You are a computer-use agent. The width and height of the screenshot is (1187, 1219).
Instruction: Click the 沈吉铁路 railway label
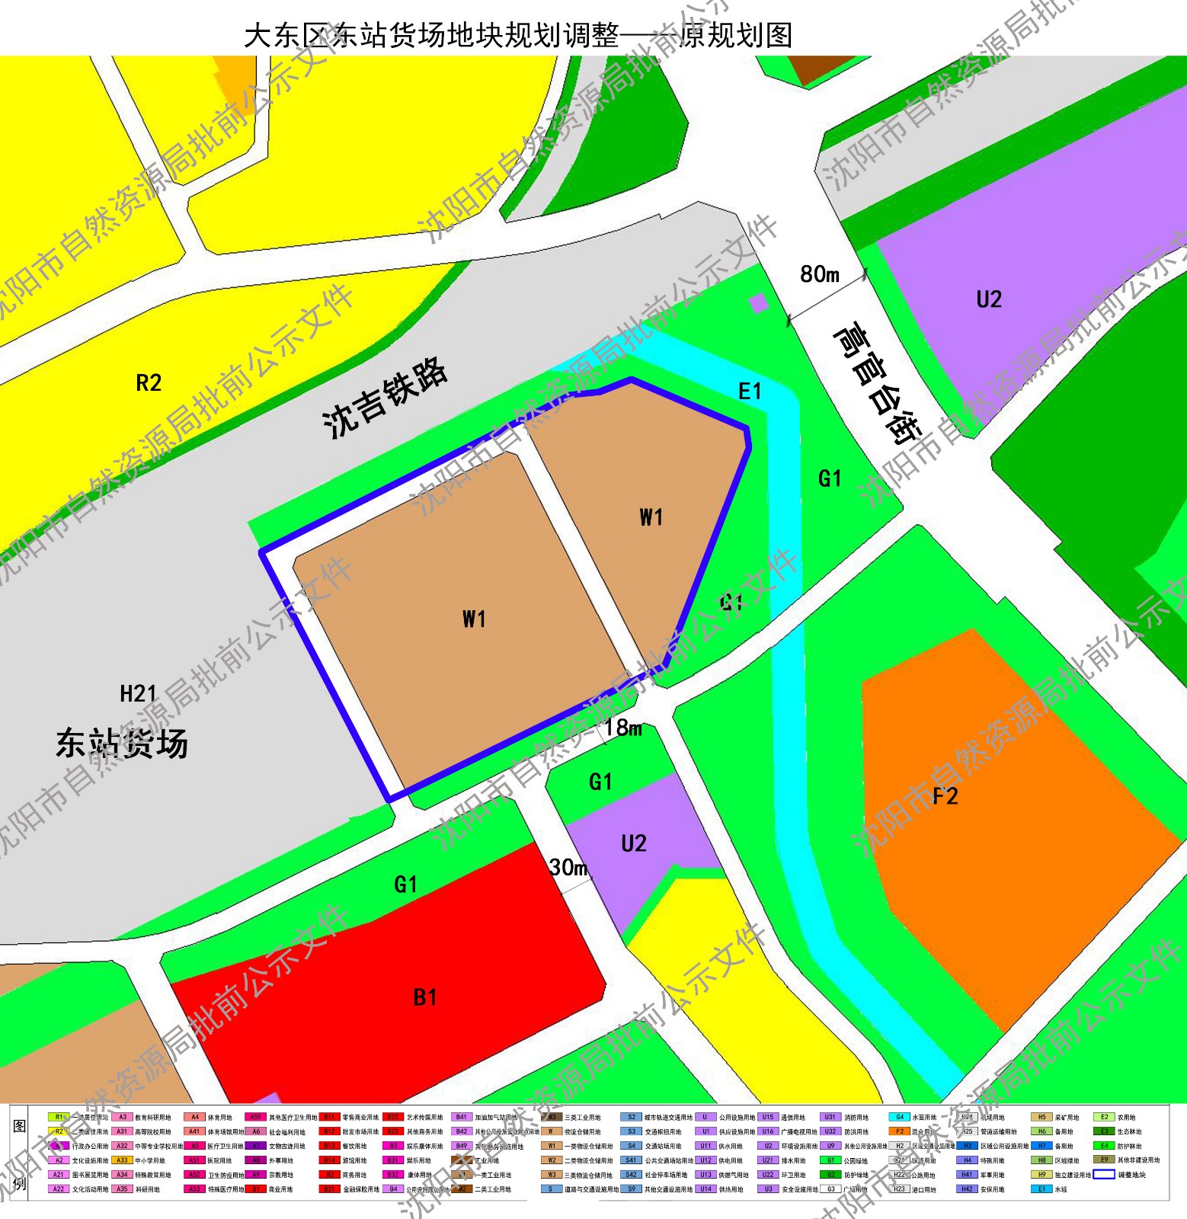(385, 398)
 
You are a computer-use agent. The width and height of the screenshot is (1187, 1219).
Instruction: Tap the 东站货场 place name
(122, 743)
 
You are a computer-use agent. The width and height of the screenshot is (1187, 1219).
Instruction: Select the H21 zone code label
(138, 694)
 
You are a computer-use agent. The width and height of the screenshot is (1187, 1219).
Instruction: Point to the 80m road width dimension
(819, 274)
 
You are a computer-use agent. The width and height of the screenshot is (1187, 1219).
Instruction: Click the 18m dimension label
(624, 728)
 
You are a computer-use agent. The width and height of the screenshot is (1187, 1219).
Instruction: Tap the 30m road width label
(568, 867)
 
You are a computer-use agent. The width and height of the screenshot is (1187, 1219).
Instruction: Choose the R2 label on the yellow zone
(149, 382)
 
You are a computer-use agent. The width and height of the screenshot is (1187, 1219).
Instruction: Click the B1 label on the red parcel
(424, 997)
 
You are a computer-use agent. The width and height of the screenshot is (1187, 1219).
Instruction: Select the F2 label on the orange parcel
(945, 797)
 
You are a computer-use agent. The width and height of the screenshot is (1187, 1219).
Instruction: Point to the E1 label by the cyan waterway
(750, 392)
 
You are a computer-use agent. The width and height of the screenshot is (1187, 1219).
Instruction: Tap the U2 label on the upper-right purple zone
(988, 299)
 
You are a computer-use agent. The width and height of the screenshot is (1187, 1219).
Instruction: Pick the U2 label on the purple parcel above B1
(633, 843)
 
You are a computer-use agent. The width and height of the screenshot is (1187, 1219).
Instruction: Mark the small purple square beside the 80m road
(758, 303)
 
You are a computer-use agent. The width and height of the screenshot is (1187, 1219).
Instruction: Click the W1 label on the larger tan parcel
(473, 619)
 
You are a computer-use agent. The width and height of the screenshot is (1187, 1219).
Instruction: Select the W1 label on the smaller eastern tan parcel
(651, 518)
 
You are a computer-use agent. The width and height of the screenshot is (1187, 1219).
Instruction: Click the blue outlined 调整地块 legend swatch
(1104, 1174)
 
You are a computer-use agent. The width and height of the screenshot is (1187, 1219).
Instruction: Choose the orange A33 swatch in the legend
(122, 1160)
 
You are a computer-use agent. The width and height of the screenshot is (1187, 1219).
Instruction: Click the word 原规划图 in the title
(735, 35)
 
